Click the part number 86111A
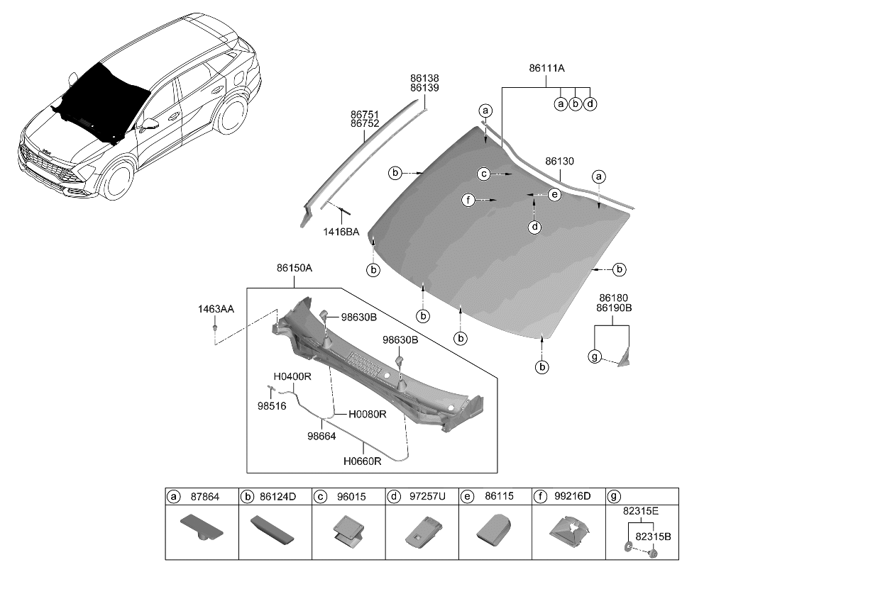click(546, 69)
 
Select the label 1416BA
click(341, 232)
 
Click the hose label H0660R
click(363, 461)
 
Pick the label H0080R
click(367, 414)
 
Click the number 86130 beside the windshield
click(559, 162)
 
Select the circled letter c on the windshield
click(483, 174)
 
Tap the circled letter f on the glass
click(468, 201)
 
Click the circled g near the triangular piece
click(595, 356)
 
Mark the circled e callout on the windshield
click(554, 193)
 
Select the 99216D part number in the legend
click(573, 497)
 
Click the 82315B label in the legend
click(653, 537)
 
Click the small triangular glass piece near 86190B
click(625, 359)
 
